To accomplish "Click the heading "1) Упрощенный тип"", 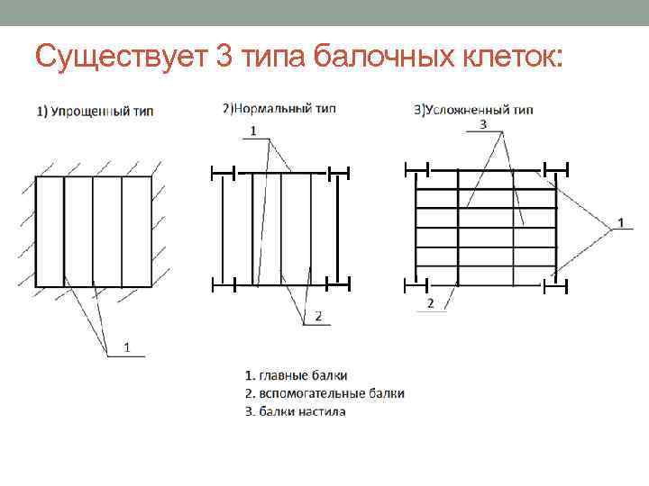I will pos(95,112).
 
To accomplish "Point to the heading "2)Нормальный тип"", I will pos(279,109).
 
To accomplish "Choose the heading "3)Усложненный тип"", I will pos(473,111).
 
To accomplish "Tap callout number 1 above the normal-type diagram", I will pos(253,130).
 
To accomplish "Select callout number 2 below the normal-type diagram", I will pos(317,315).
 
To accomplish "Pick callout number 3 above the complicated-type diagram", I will pos(483,124).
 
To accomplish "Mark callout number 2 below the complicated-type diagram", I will pos(430,302).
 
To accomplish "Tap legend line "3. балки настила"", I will pos(296,411).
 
